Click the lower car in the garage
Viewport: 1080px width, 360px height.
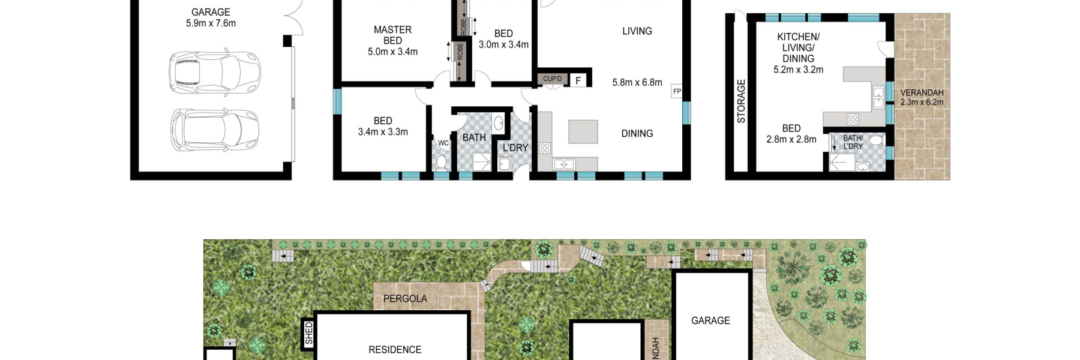(x=214, y=130)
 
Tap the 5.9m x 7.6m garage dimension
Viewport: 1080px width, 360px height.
(x=211, y=23)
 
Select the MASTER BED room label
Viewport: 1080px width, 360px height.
(x=392, y=35)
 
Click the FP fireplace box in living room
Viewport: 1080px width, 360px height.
(x=677, y=91)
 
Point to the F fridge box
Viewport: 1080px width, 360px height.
(x=578, y=80)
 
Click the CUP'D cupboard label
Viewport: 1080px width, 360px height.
(x=552, y=79)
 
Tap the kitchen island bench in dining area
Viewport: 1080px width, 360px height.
(x=583, y=131)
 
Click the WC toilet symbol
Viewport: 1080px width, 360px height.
(x=442, y=162)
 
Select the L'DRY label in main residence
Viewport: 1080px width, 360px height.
(x=515, y=148)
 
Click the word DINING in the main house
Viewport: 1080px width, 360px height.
(x=637, y=134)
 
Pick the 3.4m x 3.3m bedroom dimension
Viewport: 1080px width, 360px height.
(x=383, y=132)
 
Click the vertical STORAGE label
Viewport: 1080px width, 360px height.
(x=741, y=101)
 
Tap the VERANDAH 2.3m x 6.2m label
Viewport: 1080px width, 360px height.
(x=922, y=97)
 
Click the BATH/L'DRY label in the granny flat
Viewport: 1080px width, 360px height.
(x=853, y=142)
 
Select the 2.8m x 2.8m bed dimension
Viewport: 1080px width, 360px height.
(x=791, y=139)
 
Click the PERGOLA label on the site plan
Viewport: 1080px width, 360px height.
(x=405, y=299)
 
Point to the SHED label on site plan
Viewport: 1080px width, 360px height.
(x=308, y=333)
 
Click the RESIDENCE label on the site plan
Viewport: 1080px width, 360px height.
(x=395, y=349)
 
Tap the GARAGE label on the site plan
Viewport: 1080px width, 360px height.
(x=710, y=320)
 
